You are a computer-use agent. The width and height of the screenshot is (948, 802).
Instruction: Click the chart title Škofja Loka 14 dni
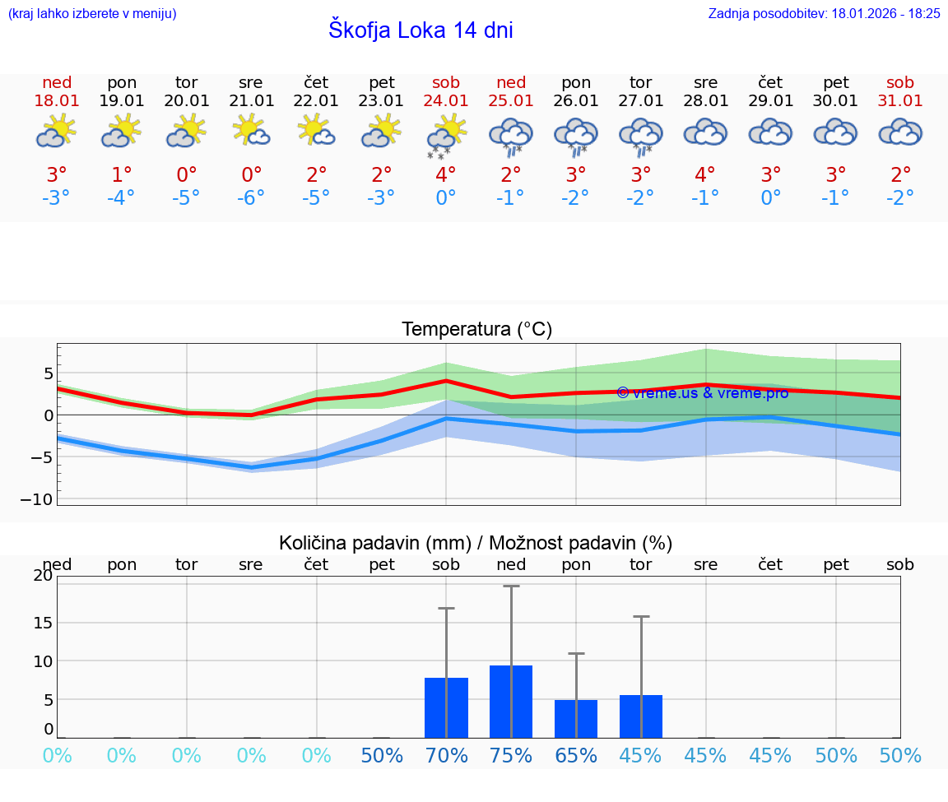(x=421, y=30)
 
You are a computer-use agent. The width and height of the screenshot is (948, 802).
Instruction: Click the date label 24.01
(x=446, y=100)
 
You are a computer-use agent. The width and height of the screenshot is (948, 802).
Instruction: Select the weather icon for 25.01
(x=511, y=136)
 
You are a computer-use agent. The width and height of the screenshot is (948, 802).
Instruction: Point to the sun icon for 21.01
(x=252, y=131)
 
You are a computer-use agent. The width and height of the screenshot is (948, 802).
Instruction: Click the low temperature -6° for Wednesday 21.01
(x=252, y=198)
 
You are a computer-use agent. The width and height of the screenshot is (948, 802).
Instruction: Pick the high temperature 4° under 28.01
(x=705, y=174)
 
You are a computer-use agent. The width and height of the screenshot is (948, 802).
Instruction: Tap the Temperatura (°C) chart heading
(x=476, y=330)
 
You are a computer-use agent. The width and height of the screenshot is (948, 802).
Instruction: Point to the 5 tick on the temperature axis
(x=49, y=373)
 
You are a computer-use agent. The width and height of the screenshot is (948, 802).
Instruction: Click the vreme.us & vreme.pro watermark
(x=703, y=392)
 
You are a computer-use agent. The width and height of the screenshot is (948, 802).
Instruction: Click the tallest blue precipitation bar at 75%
(x=511, y=702)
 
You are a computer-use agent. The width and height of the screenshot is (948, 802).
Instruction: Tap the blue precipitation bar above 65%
(x=576, y=719)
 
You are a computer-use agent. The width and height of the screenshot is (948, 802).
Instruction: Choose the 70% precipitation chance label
(x=446, y=755)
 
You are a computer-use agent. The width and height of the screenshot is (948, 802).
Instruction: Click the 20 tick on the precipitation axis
(x=43, y=576)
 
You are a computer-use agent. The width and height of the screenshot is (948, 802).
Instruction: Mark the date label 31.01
(x=900, y=100)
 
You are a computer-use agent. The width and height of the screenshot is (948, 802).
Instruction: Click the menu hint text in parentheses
(x=92, y=13)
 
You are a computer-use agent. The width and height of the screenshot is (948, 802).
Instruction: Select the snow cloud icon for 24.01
(x=446, y=136)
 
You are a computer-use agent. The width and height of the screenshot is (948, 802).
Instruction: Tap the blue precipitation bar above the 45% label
(x=641, y=716)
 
